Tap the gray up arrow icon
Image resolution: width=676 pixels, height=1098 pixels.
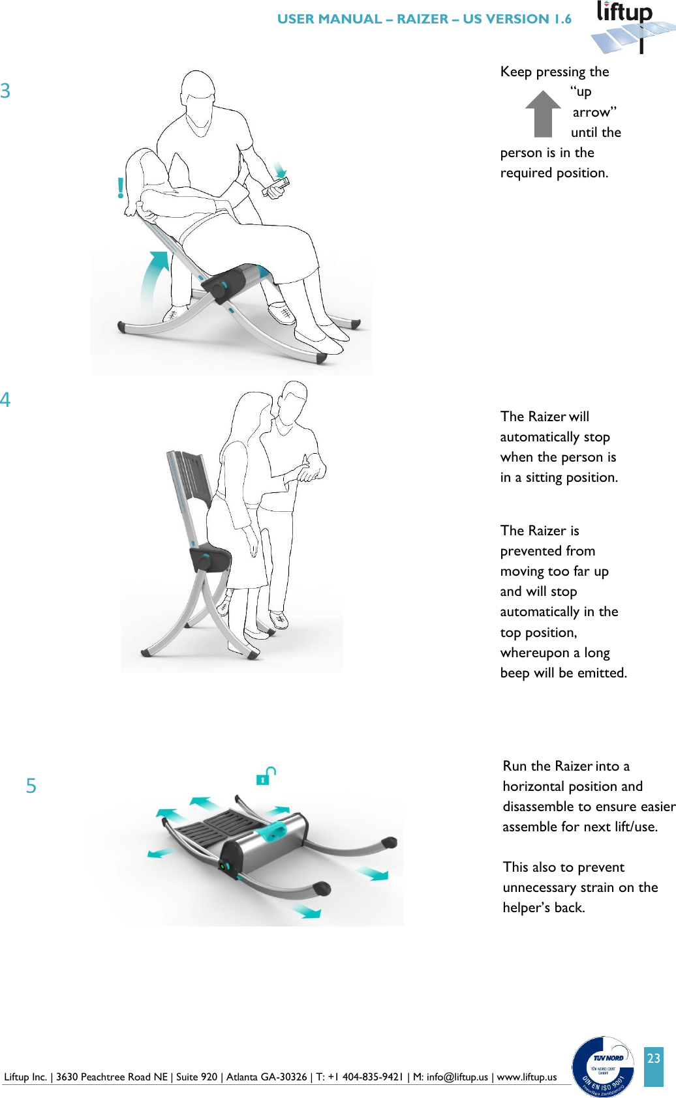point(543,113)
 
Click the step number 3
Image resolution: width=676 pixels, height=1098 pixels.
point(5,91)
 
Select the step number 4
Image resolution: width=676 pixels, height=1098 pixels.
point(5,399)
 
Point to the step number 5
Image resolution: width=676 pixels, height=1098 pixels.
point(31,786)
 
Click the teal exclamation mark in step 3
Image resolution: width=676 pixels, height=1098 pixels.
point(121,188)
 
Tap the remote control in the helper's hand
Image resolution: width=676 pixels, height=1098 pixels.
point(276,188)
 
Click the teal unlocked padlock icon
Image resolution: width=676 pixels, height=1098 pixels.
point(266,775)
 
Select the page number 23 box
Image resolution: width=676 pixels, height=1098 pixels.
point(653,1066)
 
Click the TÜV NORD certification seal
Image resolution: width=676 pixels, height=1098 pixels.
point(603,1066)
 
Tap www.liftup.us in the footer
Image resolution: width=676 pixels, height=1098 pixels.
point(527,1077)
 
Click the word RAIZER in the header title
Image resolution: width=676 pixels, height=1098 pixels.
point(422,19)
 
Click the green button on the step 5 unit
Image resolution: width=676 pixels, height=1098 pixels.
point(224,866)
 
